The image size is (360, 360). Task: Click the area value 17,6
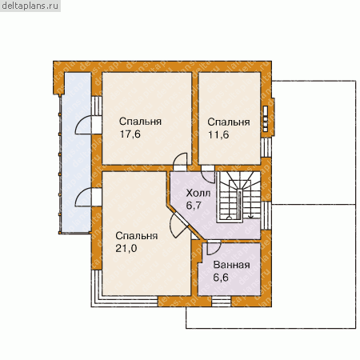(130, 134)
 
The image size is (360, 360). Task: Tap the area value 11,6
(218, 134)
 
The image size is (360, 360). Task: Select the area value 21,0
(126, 248)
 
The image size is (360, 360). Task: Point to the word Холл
(198, 193)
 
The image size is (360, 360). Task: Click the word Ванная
(232, 265)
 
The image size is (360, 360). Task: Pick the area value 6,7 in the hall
(194, 206)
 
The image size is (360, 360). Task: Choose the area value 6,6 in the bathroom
(221, 278)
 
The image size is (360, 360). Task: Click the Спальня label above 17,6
(140, 122)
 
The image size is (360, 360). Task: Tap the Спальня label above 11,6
(229, 122)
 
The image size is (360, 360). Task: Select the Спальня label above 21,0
(137, 236)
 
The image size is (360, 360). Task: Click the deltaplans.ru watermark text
(30, 6)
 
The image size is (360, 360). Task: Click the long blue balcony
(76, 153)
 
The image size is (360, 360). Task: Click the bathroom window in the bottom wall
(222, 302)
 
